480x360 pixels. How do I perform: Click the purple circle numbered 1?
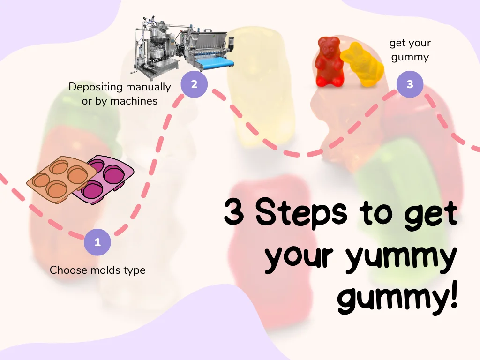click(97, 242)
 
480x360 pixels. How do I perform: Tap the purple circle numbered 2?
click(194, 84)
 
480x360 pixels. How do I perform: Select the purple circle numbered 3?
click(410, 84)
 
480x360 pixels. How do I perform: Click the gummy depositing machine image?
click(180, 45)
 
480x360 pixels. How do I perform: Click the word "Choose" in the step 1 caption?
click(66, 270)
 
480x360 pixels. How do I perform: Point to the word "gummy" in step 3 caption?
click(410, 57)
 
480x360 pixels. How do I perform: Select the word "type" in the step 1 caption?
click(134, 271)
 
